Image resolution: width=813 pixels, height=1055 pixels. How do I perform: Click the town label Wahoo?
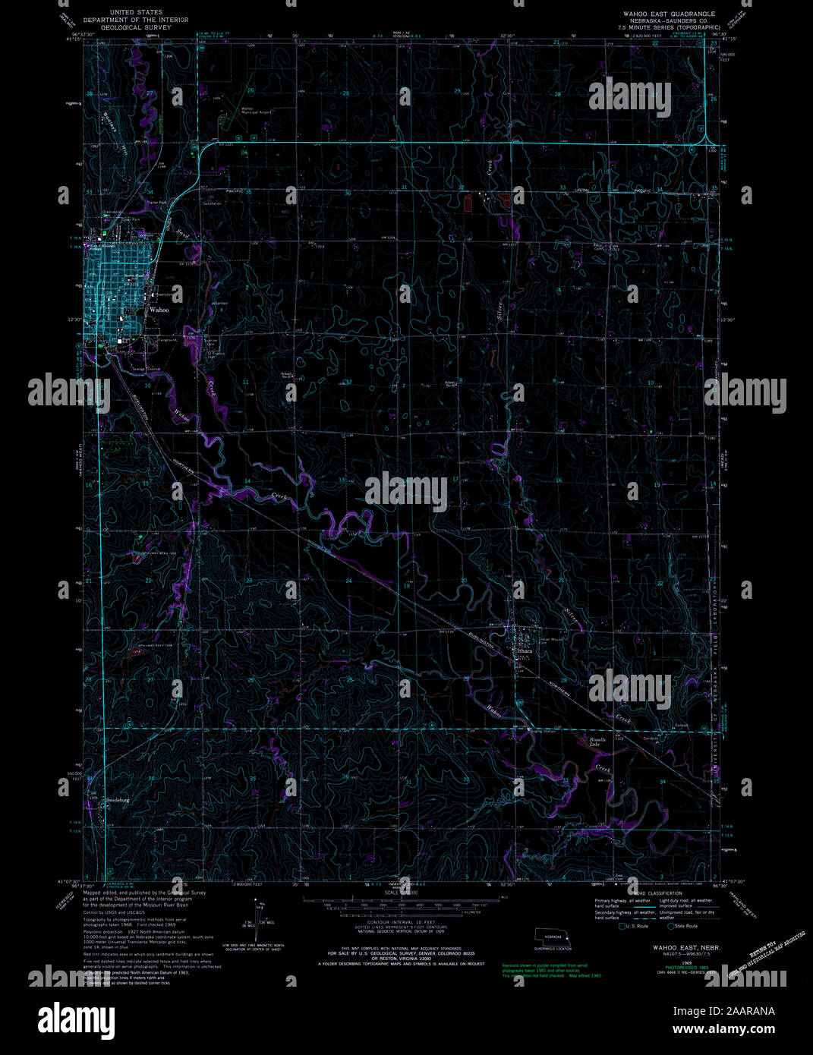coord(159,310)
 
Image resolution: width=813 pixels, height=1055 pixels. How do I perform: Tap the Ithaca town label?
coord(524,651)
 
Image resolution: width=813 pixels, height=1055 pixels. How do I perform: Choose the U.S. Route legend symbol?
coord(623,926)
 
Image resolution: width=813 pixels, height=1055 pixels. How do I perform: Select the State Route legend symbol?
coord(671,926)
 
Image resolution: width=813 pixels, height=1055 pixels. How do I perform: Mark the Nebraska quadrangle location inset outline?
coord(554,937)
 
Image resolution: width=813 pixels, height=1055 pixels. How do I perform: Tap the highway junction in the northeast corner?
coord(707,140)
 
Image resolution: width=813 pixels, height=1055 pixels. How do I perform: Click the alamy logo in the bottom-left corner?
coord(76,1018)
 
